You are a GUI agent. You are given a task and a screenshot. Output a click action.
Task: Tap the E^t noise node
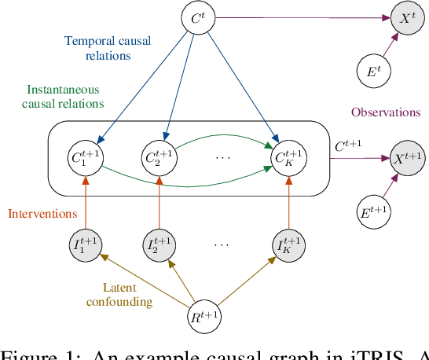click(372, 72)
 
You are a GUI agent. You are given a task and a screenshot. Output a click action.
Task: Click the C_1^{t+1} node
click(86, 159)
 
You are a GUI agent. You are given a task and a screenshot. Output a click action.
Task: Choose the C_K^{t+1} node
click(288, 159)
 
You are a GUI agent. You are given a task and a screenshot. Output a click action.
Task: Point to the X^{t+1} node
click(407, 159)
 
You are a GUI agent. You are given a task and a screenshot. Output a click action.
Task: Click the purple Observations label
click(385, 112)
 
